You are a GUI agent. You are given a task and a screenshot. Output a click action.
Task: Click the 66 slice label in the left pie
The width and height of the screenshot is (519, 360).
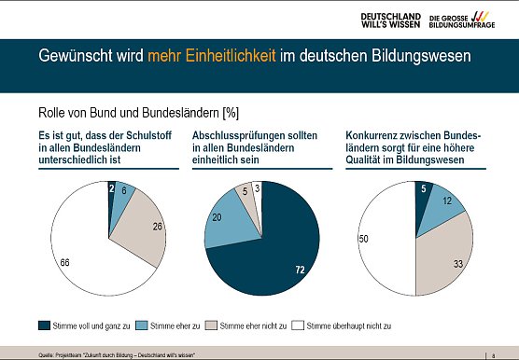tap(64, 264)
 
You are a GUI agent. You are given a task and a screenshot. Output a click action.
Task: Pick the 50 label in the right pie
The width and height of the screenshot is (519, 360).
tap(364, 240)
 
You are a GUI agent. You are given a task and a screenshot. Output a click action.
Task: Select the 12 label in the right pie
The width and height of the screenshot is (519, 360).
tap(448, 201)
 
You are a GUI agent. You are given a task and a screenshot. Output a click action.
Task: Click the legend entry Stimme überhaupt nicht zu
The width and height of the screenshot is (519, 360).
tap(348, 325)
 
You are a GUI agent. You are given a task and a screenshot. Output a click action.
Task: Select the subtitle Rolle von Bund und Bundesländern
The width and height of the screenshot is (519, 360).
tap(136, 114)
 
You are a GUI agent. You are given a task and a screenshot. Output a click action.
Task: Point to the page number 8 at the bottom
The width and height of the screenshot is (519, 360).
tap(492, 354)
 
